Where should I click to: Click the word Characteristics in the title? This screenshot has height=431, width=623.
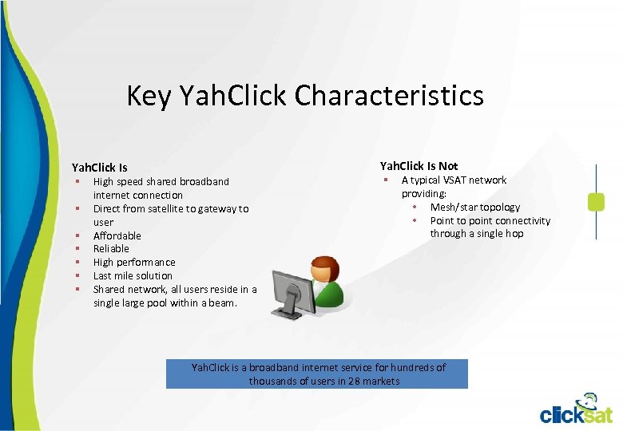click(x=389, y=96)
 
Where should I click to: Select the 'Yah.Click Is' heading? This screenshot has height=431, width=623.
click(x=99, y=168)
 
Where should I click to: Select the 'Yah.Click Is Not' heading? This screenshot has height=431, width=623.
click(x=419, y=166)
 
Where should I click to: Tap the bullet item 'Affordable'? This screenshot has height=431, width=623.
click(x=117, y=235)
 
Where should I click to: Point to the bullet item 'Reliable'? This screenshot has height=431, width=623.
click(x=111, y=248)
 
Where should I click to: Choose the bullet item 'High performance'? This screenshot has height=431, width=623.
click(x=134, y=262)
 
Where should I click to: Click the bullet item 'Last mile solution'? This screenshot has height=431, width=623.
click(x=133, y=275)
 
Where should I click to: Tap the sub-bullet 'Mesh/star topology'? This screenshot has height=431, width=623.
click(x=474, y=207)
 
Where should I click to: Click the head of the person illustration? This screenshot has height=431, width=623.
click(x=324, y=268)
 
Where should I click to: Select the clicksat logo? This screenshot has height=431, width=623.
click(x=575, y=409)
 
